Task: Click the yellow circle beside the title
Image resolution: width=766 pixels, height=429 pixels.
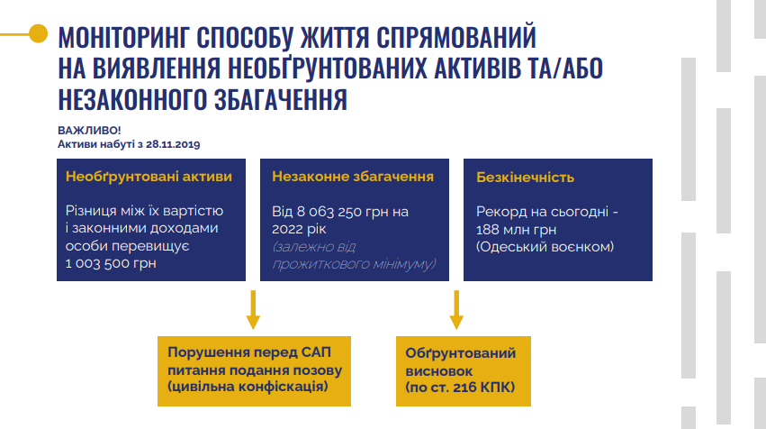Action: (x=38, y=33)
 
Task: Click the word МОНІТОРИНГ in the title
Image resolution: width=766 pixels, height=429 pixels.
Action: (x=122, y=37)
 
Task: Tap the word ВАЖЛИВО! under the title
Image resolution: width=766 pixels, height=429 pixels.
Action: (x=89, y=130)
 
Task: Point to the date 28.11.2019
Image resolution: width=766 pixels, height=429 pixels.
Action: (x=173, y=144)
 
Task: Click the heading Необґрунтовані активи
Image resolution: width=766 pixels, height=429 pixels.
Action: (x=149, y=177)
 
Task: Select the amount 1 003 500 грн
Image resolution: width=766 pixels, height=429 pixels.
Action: (x=111, y=263)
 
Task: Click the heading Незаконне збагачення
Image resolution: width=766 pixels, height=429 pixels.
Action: (x=353, y=177)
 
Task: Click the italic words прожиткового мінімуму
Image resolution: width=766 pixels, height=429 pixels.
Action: (x=354, y=264)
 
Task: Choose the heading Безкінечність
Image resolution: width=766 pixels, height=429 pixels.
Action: (x=525, y=177)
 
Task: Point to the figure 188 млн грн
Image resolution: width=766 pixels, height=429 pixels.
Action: (x=517, y=230)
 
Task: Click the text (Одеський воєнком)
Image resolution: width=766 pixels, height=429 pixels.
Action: (x=545, y=247)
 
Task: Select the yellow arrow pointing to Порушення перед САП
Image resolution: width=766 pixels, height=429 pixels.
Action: (x=253, y=310)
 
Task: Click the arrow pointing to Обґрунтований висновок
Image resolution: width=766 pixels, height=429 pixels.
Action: (x=456, y=310)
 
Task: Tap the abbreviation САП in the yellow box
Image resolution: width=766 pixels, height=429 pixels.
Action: (x=316, y=352)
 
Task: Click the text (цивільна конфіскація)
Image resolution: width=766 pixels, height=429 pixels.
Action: (x=248, y=387)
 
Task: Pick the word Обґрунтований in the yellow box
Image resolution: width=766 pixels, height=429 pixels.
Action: (x=461, y=353)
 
